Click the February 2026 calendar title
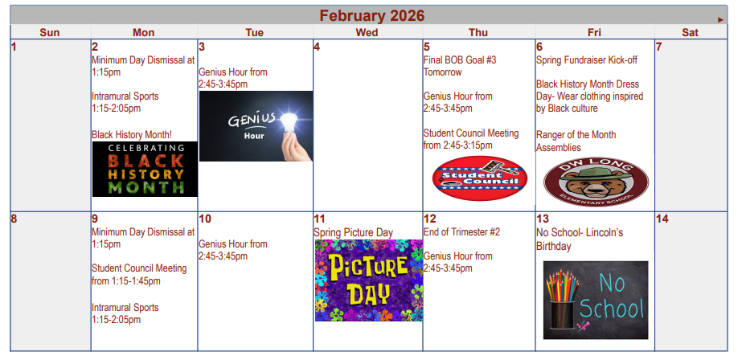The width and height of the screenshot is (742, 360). tap(371, 16)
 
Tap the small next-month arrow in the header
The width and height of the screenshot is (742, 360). tap(721, 18)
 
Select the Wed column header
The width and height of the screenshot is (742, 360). tap(367, 32)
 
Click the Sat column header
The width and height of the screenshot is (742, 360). tap(690, 32)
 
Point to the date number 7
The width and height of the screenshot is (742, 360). tap(658, 47)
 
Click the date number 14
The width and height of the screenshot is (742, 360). tap(662, 219)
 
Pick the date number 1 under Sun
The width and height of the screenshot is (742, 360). tap(14, 47)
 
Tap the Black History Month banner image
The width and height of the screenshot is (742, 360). tap(145, 169)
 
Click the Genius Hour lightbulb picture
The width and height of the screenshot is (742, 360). tap(256, 126)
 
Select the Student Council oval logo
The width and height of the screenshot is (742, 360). tap(479, 178)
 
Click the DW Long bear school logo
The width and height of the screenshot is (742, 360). tap(594, 181)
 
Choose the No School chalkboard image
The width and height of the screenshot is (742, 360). tap(595, 299)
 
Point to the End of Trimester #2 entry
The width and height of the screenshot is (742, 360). tap(461, 232)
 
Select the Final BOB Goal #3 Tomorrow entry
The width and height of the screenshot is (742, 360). tap(460, 65)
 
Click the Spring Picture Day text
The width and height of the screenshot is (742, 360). tap(353, 232)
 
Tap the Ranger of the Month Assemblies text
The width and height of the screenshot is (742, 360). tap(576, 141)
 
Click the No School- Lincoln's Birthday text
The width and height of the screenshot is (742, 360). tap(579, 239)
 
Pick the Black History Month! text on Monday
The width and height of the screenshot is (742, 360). tap(132, 134)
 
